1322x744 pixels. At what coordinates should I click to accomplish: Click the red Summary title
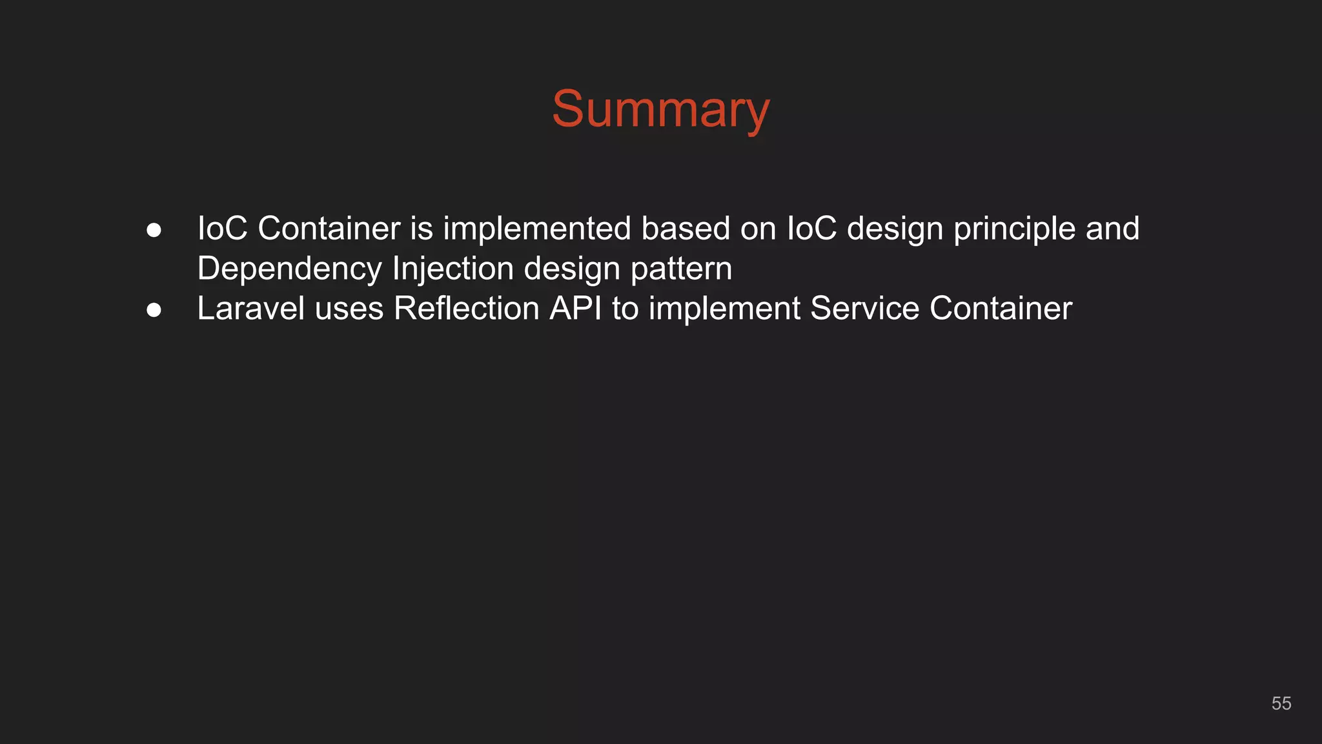click(660, 110)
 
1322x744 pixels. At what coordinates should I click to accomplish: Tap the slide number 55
click(1281, 703)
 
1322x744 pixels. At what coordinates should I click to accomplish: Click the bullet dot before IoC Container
click(154, 230)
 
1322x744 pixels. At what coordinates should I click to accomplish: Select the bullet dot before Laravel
click(154, 310)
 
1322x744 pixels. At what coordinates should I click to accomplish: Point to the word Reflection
click(466, 308)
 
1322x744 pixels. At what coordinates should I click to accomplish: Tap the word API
click(575, 308)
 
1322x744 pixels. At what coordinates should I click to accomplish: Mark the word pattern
click(681, 269)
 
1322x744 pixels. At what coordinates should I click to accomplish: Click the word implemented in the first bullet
click(536, 229)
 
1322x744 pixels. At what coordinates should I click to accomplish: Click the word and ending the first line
click(1112, 228)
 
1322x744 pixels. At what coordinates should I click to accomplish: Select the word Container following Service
click(1001, 308)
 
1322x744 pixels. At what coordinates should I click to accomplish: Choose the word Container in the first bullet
click(329, 228)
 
